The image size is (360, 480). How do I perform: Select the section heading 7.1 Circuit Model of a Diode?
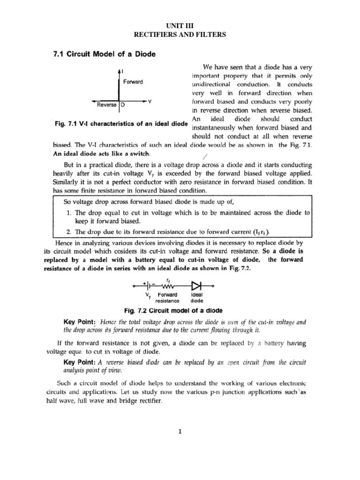(x=103, y=54)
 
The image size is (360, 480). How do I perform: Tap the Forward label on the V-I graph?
(x=133, y=82)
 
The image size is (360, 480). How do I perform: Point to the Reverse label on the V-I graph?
(x=106, y=105)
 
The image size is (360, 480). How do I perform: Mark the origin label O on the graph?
(x=122, y=105)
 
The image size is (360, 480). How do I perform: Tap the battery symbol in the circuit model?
(x=149, y=285)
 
